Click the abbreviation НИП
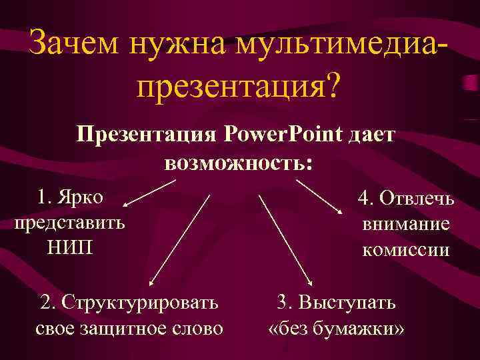tap(70, 247)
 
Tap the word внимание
tap(407, 224)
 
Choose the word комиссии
tap(407, 250)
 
